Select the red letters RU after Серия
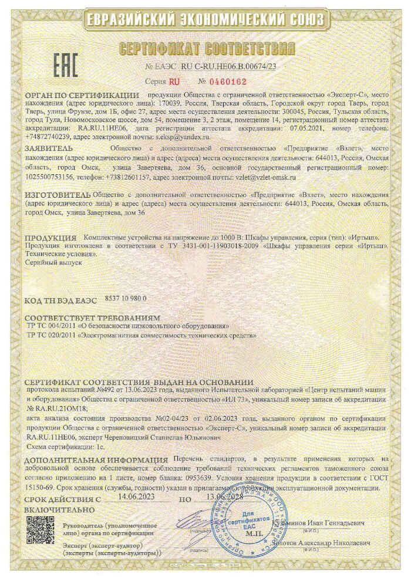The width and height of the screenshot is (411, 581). [x=175, y=82]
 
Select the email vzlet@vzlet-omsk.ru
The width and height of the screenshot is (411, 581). [x=266, y=176]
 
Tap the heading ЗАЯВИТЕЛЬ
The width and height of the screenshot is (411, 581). [x=48, y=150]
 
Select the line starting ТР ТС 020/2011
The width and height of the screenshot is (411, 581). [x=142, y=335]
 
